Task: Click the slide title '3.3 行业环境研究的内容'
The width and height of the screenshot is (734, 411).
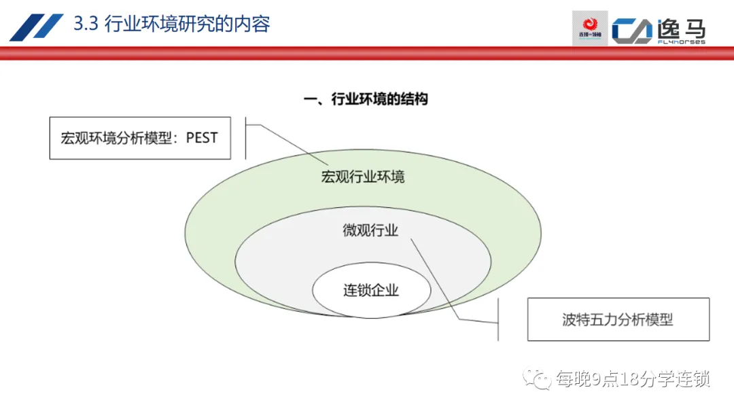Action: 171,24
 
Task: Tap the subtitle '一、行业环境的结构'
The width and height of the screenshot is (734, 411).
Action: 366,99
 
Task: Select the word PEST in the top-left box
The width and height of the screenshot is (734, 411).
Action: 201,138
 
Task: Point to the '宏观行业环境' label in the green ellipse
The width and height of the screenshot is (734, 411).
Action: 363,177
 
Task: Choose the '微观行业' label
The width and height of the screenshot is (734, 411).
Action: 370,231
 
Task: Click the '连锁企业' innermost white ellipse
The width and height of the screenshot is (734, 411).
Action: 371,291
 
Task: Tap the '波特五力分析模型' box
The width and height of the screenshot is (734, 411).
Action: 618,319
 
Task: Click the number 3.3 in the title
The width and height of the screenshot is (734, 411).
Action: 86,24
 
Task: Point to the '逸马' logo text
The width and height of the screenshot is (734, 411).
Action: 681,27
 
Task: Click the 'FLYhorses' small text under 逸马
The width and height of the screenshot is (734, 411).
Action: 681,42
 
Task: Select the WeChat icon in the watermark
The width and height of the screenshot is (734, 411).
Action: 541,378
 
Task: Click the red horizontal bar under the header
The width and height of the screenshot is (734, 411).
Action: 367,53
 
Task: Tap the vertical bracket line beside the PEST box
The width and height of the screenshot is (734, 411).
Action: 245,140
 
